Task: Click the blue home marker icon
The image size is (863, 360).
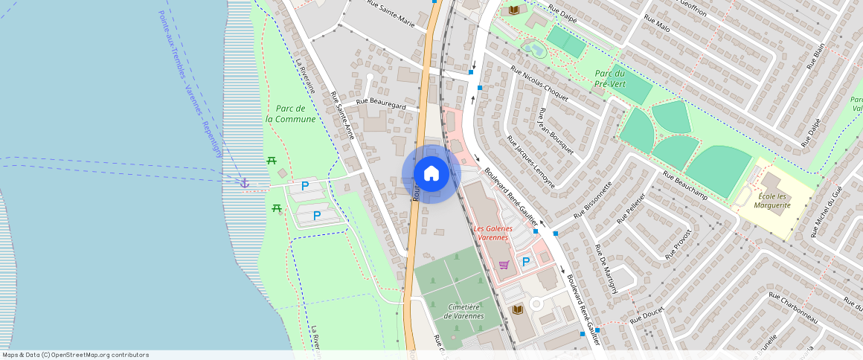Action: (431, 173)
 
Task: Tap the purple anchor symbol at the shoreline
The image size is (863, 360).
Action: (243, 183)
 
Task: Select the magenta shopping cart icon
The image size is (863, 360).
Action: (504, 264)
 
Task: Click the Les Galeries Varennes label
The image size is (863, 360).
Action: (492, 233)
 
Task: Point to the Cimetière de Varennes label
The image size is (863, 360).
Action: (463, 311)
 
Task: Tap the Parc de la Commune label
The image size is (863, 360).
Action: (290, 114)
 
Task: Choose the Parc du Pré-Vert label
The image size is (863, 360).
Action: (610, 79)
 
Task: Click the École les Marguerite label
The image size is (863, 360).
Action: (771, 202)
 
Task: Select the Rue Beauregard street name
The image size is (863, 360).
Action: (381, 105)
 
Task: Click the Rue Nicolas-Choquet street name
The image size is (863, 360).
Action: (539, 83)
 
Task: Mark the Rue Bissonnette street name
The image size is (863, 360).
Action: (593, 199)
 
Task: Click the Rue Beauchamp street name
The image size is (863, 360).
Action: (684, 186)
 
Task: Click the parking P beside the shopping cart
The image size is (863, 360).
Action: (526, 262)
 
